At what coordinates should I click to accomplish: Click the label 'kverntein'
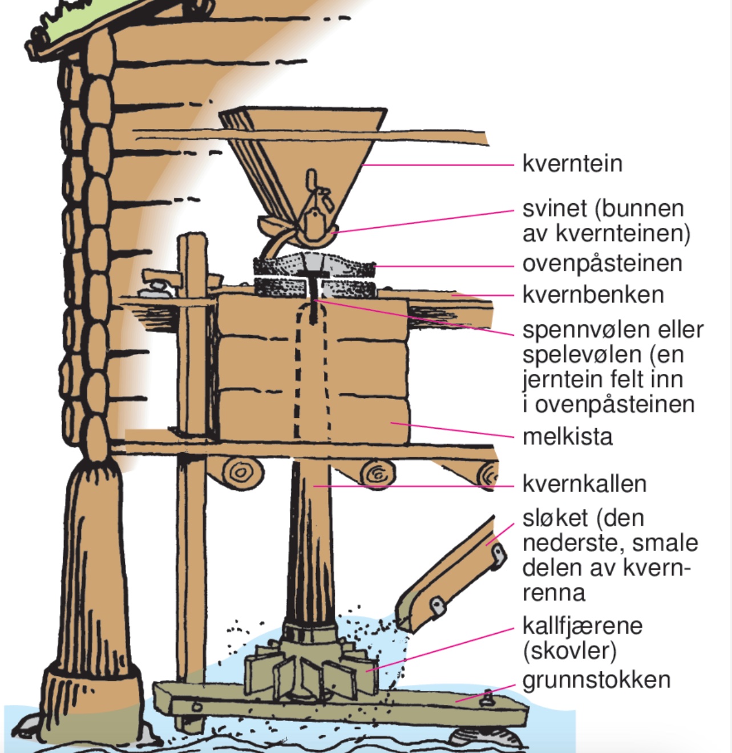[x=572, y=164]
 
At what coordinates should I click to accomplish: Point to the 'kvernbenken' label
[x=593, y=295]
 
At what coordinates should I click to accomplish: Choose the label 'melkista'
[x=567, y=437]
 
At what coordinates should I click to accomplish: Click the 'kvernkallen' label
[x=584, y=484]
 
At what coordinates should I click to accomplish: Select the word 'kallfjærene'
[x=582, y=626]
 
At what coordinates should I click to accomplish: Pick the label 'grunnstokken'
[x=596, y=680]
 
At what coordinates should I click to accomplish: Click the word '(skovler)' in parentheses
[x=569, y=651]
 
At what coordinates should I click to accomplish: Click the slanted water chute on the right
[x=451, y=577]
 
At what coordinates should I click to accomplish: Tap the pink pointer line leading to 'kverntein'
[x=439, y=165]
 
